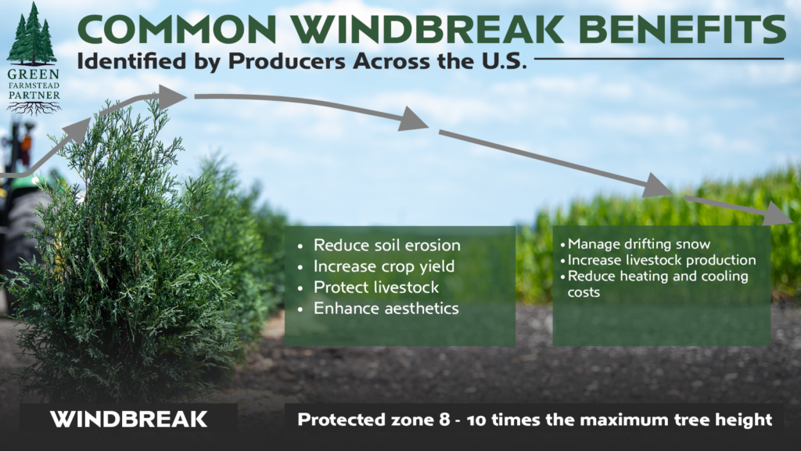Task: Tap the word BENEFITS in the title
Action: [682, 30]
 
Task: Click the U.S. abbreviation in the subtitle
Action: [503, 61]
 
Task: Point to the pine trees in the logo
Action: [31, 34]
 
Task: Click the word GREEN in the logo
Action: [33, 74]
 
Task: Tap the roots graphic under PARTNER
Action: [34, 107]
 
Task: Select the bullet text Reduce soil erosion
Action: [386, 245]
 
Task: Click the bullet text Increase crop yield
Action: [383, 266]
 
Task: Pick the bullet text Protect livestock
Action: [376, 287]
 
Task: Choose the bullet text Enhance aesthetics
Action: [386, 308]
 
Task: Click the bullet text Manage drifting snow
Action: [638, 244]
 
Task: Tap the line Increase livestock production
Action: [662, 260]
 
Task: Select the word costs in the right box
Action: [584, 293]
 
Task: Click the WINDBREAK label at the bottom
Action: [129, 420]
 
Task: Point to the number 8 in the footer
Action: [444, 420]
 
